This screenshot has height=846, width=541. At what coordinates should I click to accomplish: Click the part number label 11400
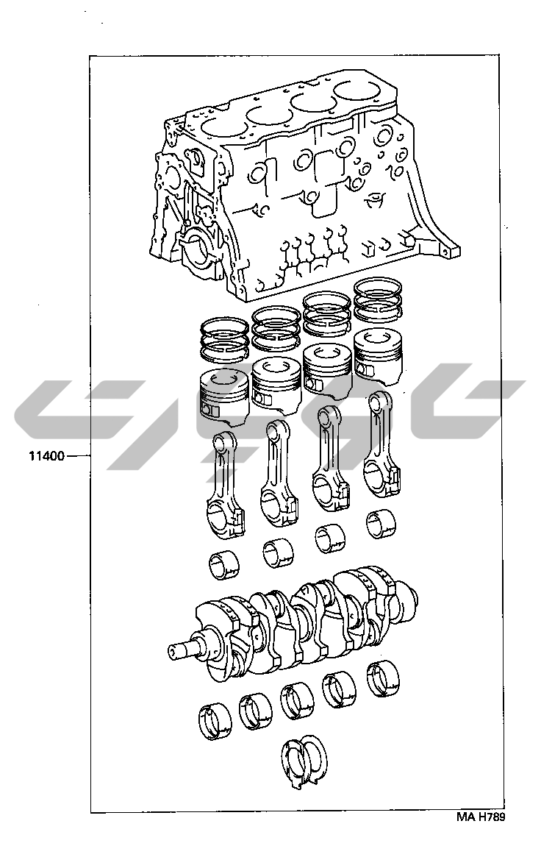click(x=46, y=456)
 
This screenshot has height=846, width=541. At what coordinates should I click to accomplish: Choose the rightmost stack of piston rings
click(x=379, y=299)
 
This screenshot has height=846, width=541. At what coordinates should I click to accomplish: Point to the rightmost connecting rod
click(x=381, y=444)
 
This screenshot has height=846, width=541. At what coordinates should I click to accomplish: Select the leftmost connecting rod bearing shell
click(x=223, y=564)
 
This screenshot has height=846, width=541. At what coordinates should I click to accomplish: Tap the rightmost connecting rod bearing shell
click(x=381, y=524)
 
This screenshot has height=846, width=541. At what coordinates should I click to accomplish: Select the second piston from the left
click(x=276, y=384)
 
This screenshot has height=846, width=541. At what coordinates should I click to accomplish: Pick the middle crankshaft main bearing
click(x=297, y=700)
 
